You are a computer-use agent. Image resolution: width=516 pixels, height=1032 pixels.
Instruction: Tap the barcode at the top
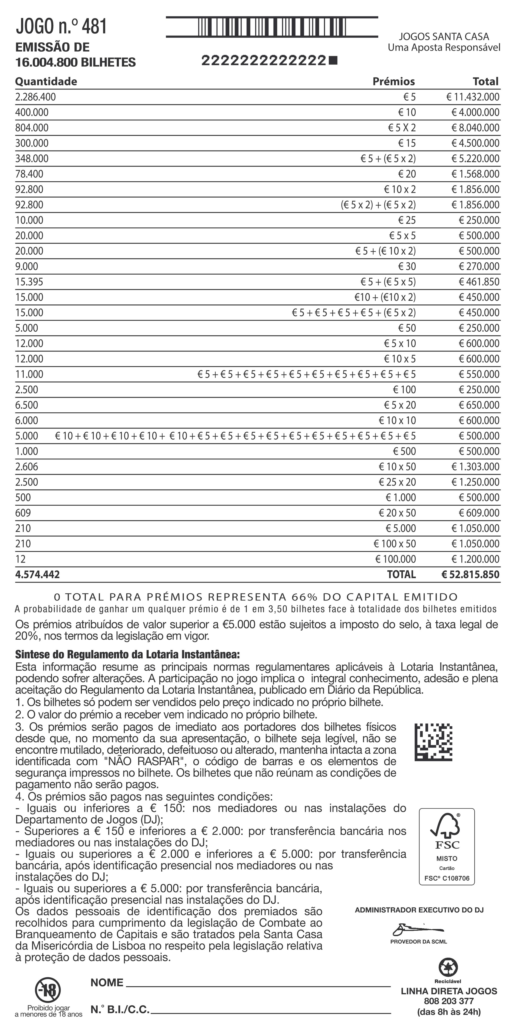tap(272, 27)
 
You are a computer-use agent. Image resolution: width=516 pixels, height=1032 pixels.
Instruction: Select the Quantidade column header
tap(46, 81)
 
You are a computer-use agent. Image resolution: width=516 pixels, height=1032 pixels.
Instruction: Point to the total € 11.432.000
tap(473, 97)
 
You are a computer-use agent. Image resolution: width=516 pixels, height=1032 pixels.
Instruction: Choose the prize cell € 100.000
tap(395, 559)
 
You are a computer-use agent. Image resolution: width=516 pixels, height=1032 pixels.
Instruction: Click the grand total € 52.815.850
tap(470, 574)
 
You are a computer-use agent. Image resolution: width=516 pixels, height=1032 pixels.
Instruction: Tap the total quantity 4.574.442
tap(37, 574)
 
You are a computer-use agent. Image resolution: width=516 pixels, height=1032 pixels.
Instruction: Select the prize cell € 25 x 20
tap(397, 482)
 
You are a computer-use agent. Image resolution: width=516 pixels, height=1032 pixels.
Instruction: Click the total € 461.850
tap(479, 282)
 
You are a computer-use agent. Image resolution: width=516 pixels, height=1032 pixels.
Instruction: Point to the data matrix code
tap(433, 742)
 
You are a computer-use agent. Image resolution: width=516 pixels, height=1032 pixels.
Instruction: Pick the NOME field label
tap(107, 983)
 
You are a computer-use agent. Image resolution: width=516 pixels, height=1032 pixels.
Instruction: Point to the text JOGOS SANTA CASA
tap(444, 37)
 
